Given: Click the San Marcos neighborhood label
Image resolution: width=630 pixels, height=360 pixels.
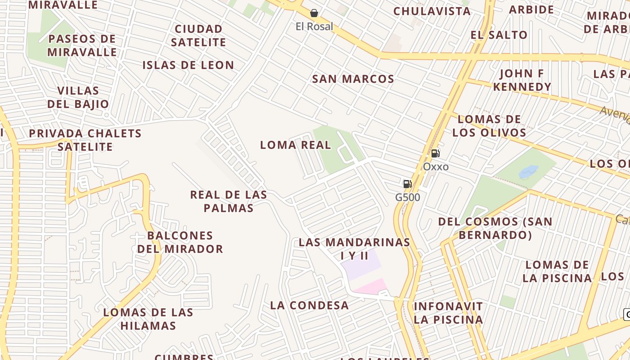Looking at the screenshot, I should [x=353, y=79].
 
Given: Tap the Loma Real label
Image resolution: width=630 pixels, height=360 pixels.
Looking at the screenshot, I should [x=295, y=145].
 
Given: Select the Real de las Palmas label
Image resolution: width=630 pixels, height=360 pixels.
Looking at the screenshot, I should [x=229, y=201].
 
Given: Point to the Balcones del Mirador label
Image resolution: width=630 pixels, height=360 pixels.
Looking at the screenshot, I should [x=180, y=242].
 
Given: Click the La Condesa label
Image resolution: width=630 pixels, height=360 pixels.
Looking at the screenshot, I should [x=309, y=305].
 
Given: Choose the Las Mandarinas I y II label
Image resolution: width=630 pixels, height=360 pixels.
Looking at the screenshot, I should [x=355, y=249].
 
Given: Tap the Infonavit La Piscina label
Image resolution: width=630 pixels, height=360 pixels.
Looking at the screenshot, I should [x=448, y=313].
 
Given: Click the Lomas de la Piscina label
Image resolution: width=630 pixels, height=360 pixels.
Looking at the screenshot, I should [x=557, y=271].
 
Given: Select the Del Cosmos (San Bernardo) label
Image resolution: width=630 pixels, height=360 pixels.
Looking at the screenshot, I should [x=495, y=228].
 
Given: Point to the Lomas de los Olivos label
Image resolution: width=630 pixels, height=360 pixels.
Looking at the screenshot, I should [x=489, y=126].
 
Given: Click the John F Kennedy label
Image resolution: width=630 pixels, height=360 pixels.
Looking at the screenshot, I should [x=522, y=80].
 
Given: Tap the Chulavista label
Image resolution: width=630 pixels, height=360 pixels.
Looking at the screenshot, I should [x=432, y=11].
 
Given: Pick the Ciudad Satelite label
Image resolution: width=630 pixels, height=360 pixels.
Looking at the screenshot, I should [x=198, y=36].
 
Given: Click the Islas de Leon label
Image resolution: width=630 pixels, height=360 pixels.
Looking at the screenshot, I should [x=188, y=65].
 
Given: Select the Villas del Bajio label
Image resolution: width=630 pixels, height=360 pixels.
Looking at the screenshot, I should [x=78, y=97].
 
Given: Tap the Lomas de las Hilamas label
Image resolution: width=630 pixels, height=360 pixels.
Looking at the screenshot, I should [x=148, y=319].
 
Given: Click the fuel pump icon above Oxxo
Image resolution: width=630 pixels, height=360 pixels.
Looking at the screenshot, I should [x=435, y=153].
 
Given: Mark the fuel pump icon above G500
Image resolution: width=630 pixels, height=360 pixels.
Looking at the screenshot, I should [x=407, y=184].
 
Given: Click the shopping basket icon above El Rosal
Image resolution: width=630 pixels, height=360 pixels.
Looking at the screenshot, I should [x=314, y=13].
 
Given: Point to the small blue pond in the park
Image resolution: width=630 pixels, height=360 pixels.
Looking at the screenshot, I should [x=528, y=171].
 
